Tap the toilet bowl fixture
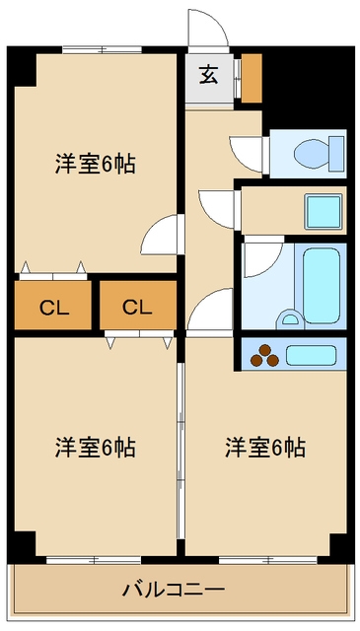pos(319,154)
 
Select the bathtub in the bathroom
pos(322,285)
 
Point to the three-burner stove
pos(264,356)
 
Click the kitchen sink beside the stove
pos(311,355)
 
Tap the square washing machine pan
pos(324,211)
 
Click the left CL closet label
pos(54,308)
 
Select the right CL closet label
pos(137,308)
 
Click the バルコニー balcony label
pos(174,590)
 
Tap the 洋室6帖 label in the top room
pos(95,164)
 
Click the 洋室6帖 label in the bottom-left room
pos(95,448)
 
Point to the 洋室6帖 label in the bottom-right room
pos(265,448)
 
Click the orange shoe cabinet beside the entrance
pos(252,78)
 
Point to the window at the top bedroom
pos(103,50)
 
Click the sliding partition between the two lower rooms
pos(180,451)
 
